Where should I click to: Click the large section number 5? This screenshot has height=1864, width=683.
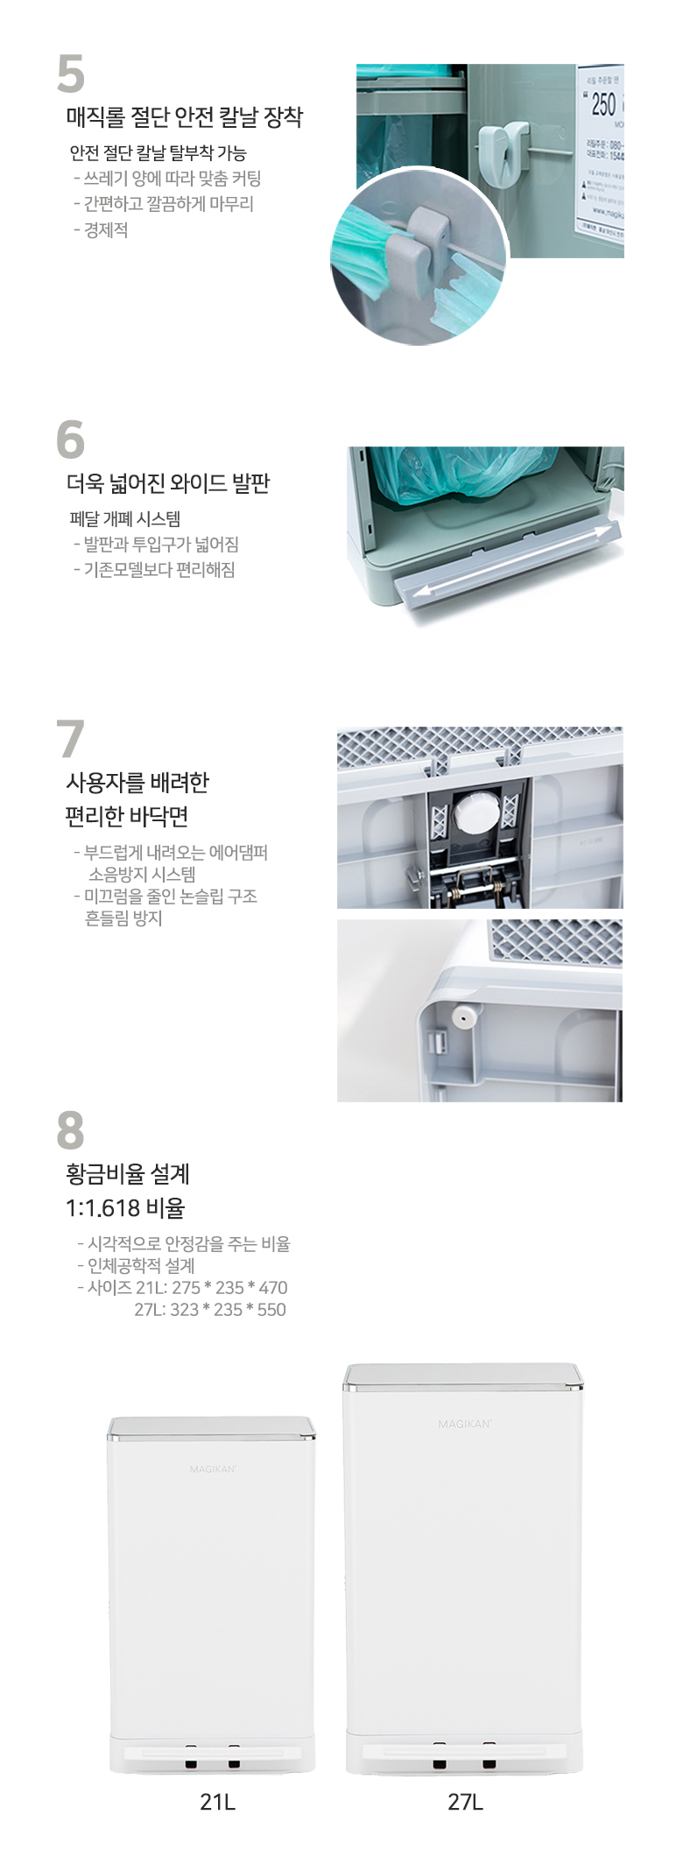coord(71,74)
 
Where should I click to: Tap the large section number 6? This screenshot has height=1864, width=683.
coord(70,440)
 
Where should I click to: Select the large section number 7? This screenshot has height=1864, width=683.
coord(70,740)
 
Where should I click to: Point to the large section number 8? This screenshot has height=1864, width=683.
coord(70,1130)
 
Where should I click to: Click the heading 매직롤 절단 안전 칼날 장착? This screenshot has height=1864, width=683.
coord(184,117)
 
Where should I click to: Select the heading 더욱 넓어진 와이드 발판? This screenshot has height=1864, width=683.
coord(168,483)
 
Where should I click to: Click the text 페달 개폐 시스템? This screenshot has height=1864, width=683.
coord(125,519)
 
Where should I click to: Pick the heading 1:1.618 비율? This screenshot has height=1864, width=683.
coord(125,1208)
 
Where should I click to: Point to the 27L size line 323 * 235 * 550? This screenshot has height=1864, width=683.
coord(210,1310)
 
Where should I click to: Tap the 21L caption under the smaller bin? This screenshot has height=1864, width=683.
coord(217,1801)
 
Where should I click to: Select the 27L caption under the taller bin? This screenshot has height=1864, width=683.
coord(465,1801)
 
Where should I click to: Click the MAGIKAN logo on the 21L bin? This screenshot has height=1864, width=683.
coord(213,1468)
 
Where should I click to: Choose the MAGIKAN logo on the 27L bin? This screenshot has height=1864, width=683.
coord(465,1424)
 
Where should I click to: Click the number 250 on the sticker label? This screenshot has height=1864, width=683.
coord(603,105)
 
